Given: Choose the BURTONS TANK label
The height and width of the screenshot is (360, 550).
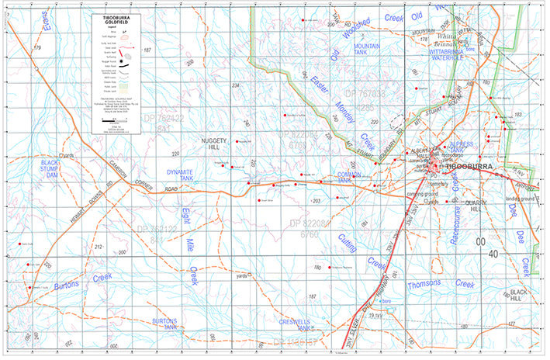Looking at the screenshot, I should click(x=165, y=324).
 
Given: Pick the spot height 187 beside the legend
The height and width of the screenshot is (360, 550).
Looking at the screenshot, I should click(x=148, y=50).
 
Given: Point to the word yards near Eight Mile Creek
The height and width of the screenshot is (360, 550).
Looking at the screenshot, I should click(x=242, y=274).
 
